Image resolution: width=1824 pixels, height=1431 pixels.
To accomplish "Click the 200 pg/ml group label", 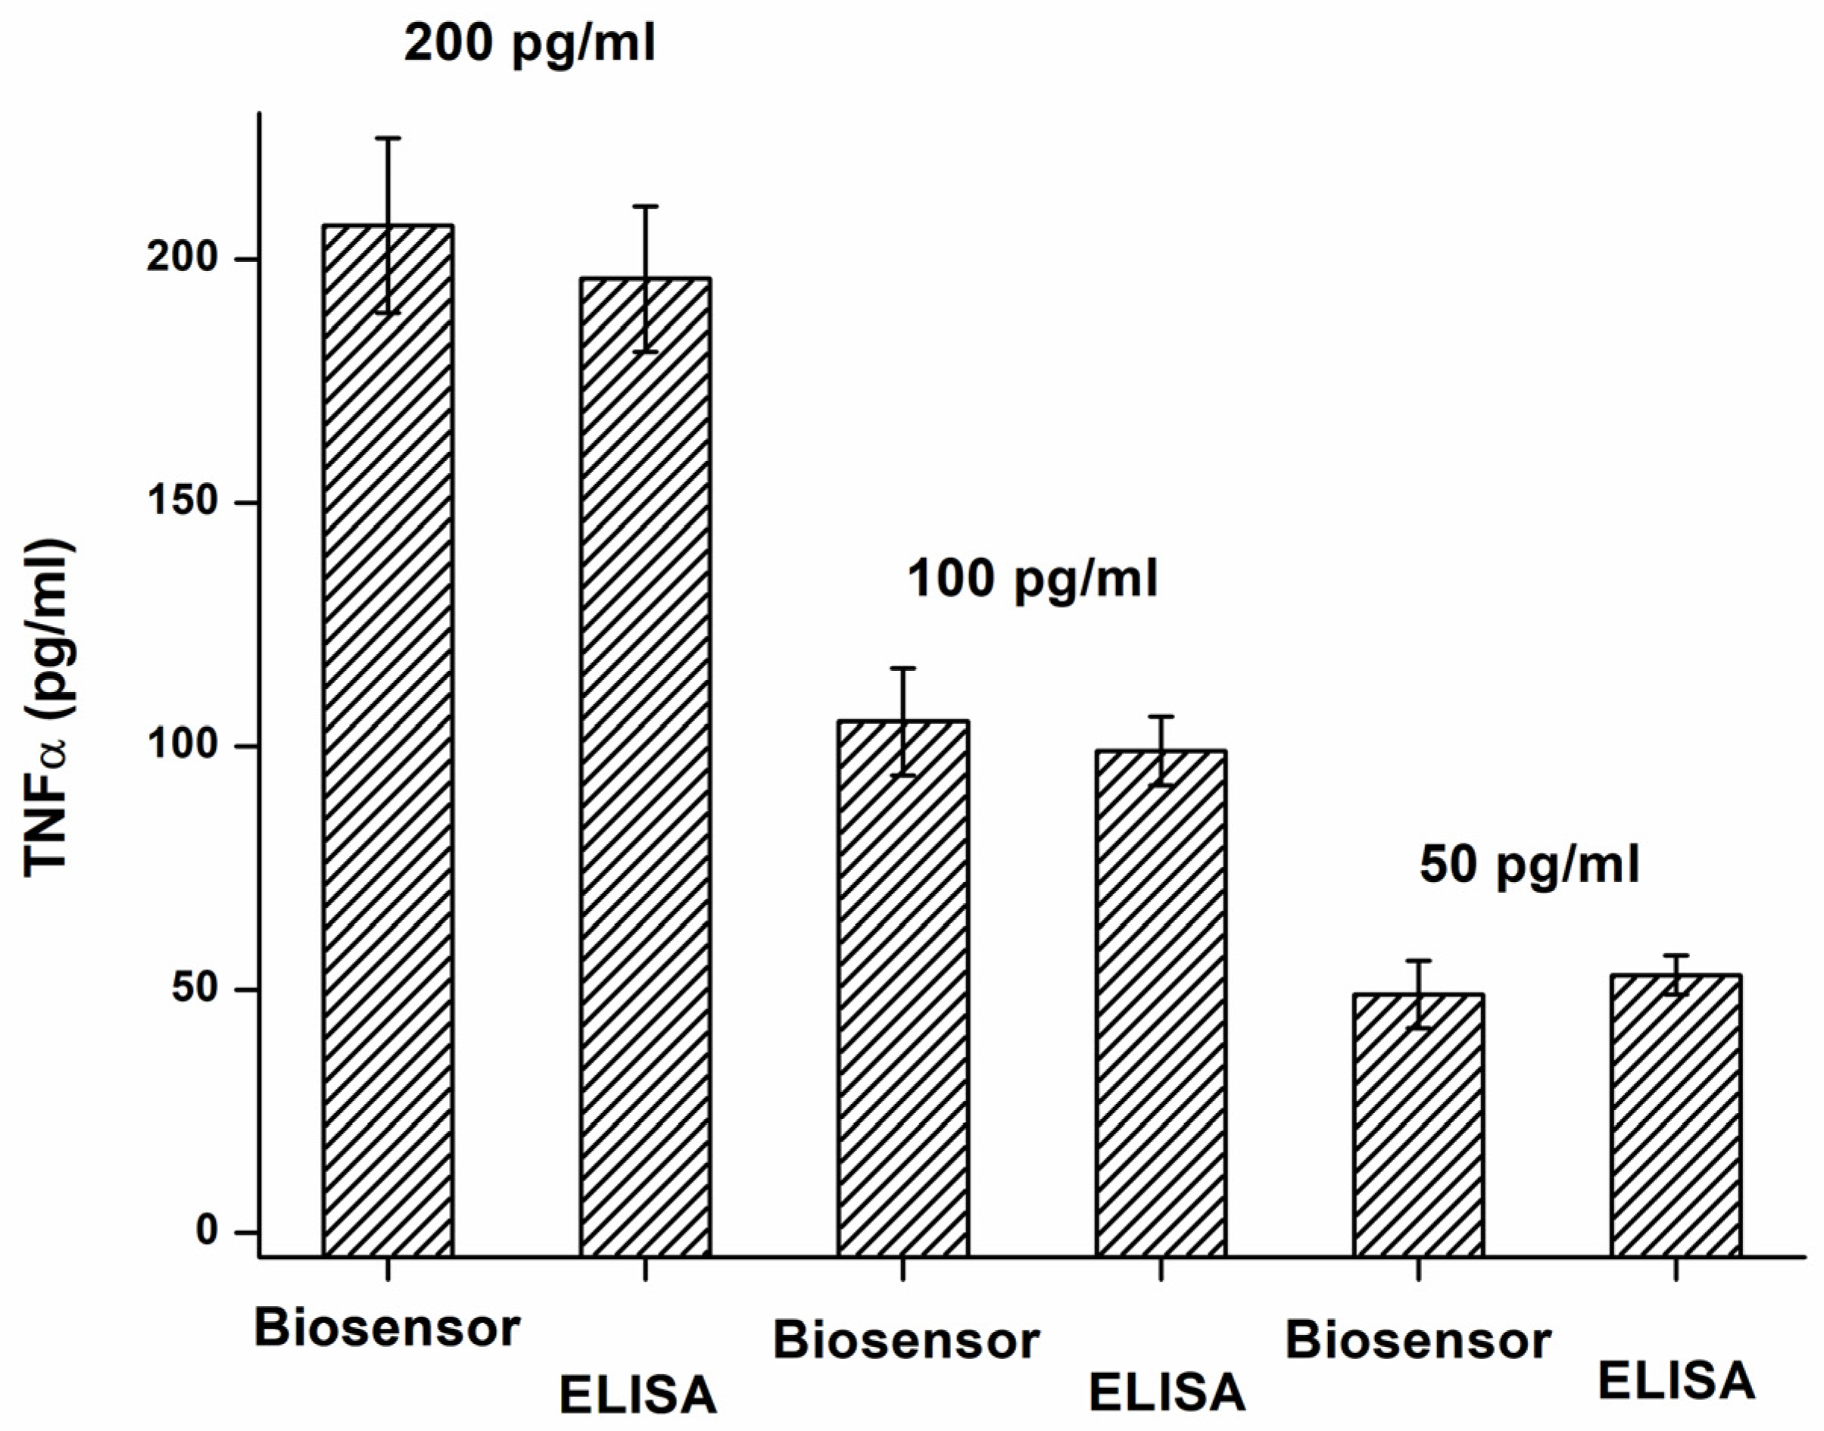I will [x=529, y=44].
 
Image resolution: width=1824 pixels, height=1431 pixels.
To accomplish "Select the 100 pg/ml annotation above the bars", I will [x=1032, y=579].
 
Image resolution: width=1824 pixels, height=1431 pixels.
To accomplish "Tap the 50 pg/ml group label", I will [x=1529, y=865].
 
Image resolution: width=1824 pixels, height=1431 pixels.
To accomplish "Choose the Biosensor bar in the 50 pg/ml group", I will [x=1417, y=1123].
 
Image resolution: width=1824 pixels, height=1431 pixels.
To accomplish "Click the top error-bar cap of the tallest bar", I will [x=388, y=137].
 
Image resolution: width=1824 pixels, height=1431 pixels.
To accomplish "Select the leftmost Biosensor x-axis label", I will [x=387, y=1329].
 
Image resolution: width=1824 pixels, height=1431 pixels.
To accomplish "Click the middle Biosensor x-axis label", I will [x=906, y=1340].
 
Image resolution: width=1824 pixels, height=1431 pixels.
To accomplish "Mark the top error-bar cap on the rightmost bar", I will [x=1675, y=955].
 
